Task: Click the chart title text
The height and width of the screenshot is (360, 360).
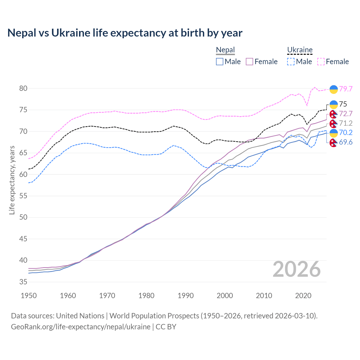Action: click(125, 33)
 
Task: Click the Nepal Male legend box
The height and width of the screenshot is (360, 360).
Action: click(220, 62)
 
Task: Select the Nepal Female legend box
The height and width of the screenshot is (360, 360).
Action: click(249, 62)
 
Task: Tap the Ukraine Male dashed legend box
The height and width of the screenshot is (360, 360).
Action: click(291, 62)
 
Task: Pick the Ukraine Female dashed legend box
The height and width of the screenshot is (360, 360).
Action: click(321, 62)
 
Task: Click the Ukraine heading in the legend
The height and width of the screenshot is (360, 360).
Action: click(300, 50)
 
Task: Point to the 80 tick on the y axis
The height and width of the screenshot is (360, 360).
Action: click(23, 88)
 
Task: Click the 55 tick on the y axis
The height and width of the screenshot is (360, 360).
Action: click(23, 196)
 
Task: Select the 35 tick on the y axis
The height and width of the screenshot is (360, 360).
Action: click(23, 282)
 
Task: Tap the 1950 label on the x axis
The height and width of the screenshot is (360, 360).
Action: click(29, 296)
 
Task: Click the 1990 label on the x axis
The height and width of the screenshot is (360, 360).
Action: click(186, 296)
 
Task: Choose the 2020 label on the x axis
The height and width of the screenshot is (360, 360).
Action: click(303, 296)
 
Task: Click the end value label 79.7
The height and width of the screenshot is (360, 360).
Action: click(346, 89)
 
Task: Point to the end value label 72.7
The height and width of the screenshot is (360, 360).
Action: click(346, 114)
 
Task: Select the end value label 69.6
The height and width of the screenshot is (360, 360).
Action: click(346, 142)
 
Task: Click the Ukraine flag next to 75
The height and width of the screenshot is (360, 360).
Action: click(334, 104)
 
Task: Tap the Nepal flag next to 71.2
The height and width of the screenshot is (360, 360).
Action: click(334, 123)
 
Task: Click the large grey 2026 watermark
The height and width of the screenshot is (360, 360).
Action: click(296, 269)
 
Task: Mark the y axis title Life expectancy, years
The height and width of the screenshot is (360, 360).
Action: click(12, 180)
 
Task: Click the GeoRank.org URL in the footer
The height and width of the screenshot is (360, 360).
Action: click(81, 327)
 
